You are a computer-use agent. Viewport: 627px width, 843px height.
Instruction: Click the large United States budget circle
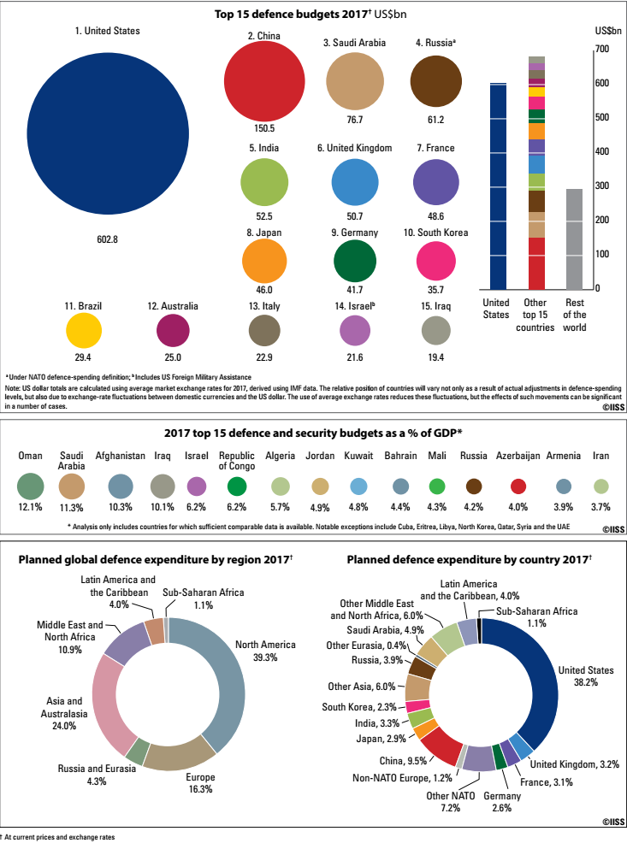click(x=108, y=134)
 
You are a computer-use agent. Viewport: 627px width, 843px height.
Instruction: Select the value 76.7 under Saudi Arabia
click(x=354, y=120)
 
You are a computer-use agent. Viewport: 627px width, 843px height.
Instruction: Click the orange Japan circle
click(x=264, y=262)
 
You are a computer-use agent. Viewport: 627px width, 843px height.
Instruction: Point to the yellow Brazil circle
click(x=84, y=331)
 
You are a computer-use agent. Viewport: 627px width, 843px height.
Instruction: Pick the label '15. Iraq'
click(x=435, y=306)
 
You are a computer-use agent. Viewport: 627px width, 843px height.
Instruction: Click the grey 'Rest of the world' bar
click(x=574, y=239)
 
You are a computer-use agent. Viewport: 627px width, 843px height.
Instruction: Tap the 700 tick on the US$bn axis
click(x=601, y=49)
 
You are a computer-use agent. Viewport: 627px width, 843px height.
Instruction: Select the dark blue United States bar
click(x=499, y=186)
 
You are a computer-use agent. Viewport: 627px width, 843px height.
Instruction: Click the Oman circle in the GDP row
click(x=31, y=486)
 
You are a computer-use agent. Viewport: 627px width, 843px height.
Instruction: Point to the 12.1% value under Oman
click(x=30, y=507)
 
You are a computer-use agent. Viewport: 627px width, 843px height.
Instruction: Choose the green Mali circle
click(x=437, y=486)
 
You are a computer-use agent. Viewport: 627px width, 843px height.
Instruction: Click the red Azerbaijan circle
click(x=518, y=486)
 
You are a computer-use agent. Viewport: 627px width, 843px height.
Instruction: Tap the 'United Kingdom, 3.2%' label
click(x=574, y=764)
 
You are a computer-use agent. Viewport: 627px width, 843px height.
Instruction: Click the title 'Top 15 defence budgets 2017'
click(x=291, y=15)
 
